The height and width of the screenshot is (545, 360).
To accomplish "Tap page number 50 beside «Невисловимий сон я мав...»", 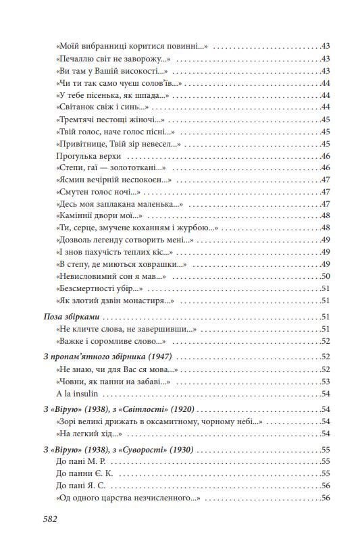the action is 324,276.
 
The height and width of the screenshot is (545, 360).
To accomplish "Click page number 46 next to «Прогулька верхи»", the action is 324,156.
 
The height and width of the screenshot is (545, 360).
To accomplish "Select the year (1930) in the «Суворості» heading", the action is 199,449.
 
